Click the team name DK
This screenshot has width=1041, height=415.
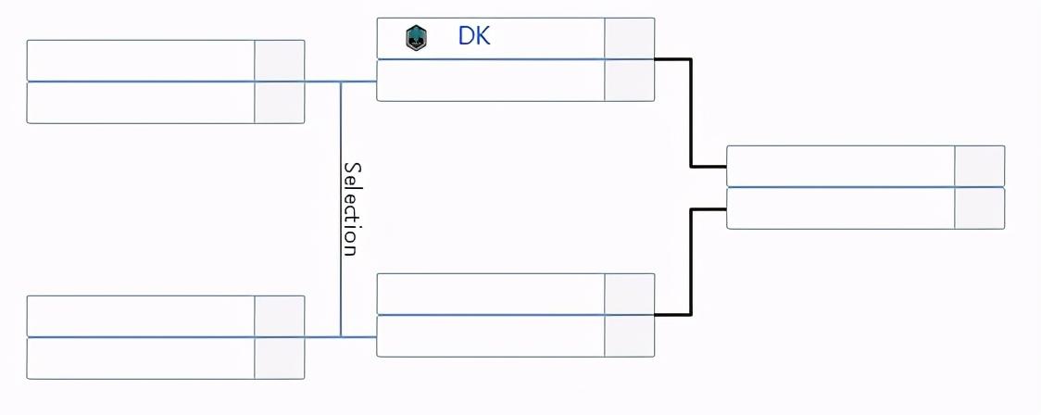[x=474, y=36]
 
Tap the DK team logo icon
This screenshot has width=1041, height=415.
[x=416, y=38]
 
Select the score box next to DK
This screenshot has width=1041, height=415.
[x=629, y=38]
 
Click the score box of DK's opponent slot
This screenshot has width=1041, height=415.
[x=629, y=81]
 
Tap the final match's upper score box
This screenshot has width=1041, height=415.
[x=979, y=166]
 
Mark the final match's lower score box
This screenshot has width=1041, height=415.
[x=979, y=208]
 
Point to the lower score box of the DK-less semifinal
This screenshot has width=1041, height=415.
[x=629, y=336]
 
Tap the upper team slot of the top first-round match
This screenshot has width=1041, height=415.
[x=141, y=60]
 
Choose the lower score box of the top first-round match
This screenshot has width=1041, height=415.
[x=279, y=103]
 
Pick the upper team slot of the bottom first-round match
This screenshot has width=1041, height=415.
[x=141, y=316]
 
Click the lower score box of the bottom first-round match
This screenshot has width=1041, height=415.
[x=279, y=358]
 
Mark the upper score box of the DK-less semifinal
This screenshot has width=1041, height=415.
[x=629, y=294]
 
